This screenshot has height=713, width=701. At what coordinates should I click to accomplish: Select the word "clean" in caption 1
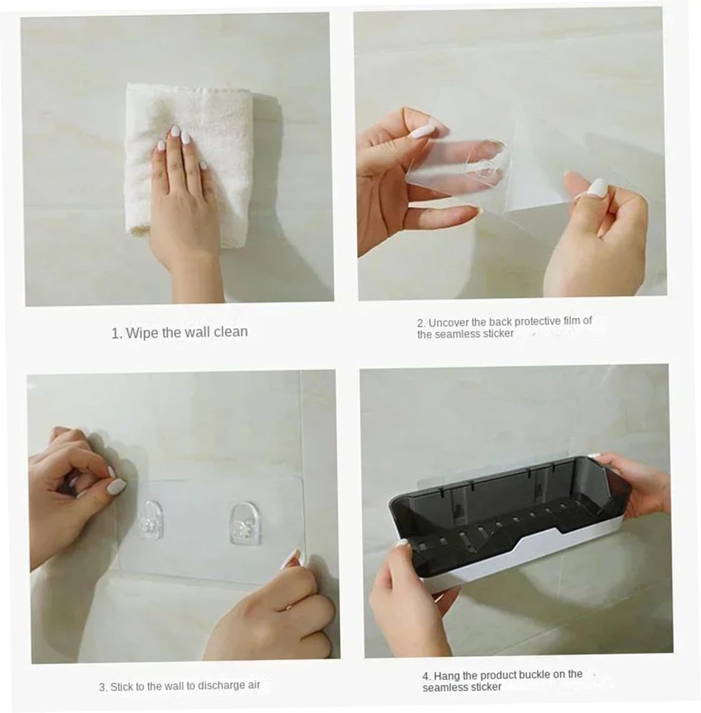tap(231, 331)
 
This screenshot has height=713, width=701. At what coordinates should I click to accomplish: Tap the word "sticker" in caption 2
tap(498, 333)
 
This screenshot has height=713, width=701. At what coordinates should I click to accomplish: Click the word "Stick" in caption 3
tap(120, 687)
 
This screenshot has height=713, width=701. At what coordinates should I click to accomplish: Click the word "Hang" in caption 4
tap(446, 675)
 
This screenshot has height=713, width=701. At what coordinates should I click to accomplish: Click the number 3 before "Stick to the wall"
tap(102, 687)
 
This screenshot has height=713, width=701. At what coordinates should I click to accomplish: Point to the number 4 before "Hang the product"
tap(425, 676)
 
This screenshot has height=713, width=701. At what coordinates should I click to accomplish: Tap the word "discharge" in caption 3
tap(221, 685)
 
